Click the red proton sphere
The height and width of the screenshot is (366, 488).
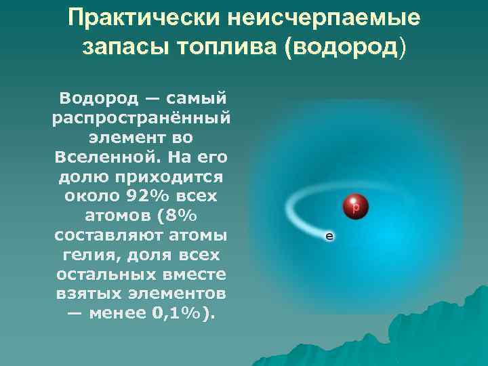(354, 205)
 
